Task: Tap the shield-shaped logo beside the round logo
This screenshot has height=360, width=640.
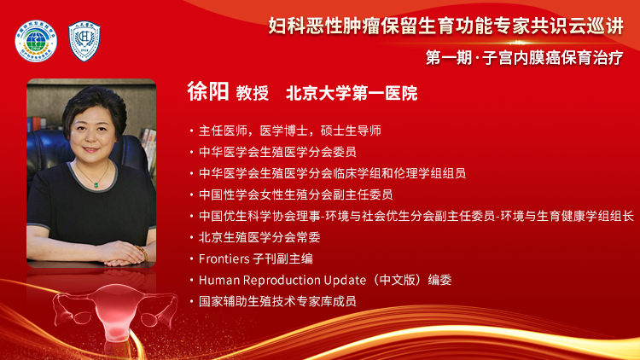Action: tap(84, 39)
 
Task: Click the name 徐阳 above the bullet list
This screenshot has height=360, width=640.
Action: tap(208, 91)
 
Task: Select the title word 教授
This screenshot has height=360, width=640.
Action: tap(253, 92)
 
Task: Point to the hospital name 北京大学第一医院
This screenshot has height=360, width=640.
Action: tap(352, 92)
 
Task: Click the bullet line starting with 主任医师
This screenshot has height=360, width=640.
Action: tap(289, 131)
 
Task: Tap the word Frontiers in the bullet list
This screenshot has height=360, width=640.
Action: tap(225, 258)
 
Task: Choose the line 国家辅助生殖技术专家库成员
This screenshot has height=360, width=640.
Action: tap(276, 300)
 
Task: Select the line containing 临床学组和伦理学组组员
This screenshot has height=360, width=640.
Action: tap(332, 173)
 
